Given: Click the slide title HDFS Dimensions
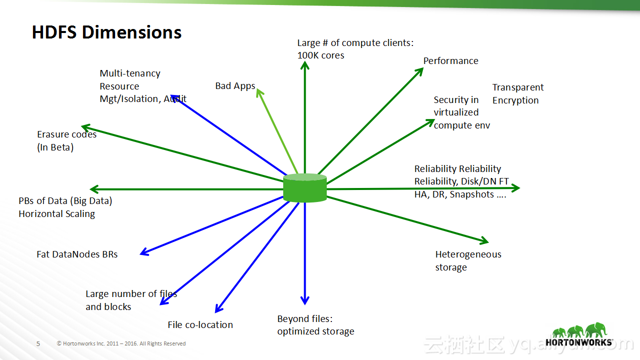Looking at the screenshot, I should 107,32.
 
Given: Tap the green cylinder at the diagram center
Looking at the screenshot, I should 305,188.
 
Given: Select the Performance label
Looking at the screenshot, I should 450,61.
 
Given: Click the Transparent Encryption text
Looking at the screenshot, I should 517,94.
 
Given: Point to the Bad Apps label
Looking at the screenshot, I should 235,86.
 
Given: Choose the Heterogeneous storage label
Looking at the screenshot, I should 468,260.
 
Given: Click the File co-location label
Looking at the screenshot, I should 200,325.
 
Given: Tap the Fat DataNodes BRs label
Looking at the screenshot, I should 77,254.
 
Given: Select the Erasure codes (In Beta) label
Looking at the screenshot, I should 67,141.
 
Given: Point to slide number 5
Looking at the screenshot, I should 39,344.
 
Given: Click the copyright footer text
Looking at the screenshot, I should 121,344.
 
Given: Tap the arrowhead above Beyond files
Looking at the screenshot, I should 305,300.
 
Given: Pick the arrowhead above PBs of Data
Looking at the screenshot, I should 94,189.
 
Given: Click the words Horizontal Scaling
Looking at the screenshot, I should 57,214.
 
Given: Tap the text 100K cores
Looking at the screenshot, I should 321,55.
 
